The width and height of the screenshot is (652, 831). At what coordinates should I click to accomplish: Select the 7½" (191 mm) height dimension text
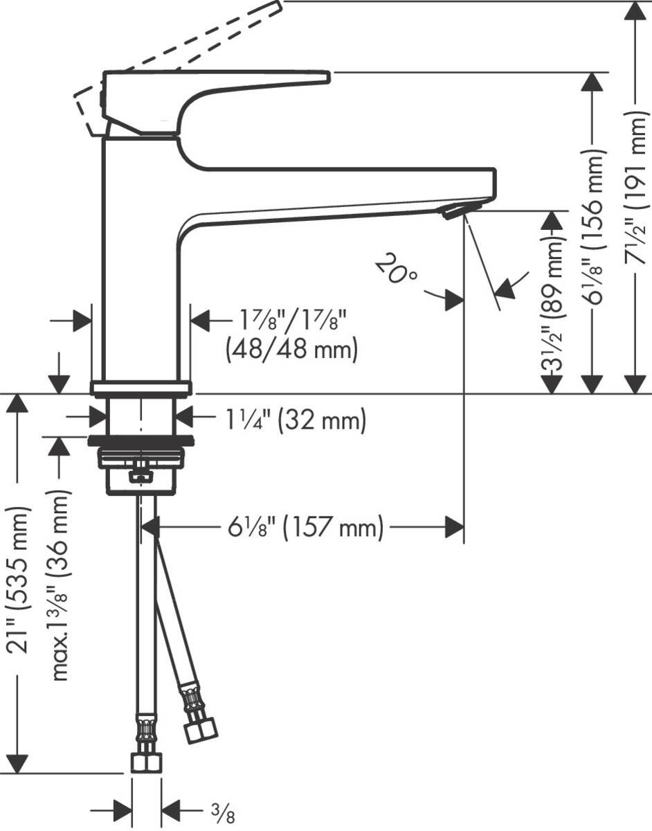tap(639, 188)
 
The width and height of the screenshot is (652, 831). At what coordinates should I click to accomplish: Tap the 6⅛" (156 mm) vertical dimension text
tap(594, 226)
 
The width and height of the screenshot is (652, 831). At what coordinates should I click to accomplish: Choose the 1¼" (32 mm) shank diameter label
tap(296, 420)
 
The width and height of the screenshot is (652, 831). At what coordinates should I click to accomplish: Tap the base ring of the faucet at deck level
tap(141, 388)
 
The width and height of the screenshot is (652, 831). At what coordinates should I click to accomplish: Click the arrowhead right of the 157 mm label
tap(455, 528)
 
